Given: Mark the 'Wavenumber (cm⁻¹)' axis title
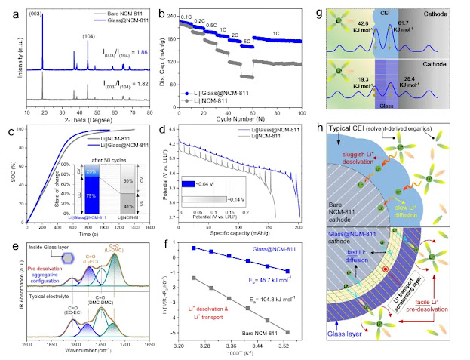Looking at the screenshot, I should pos(82,352).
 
